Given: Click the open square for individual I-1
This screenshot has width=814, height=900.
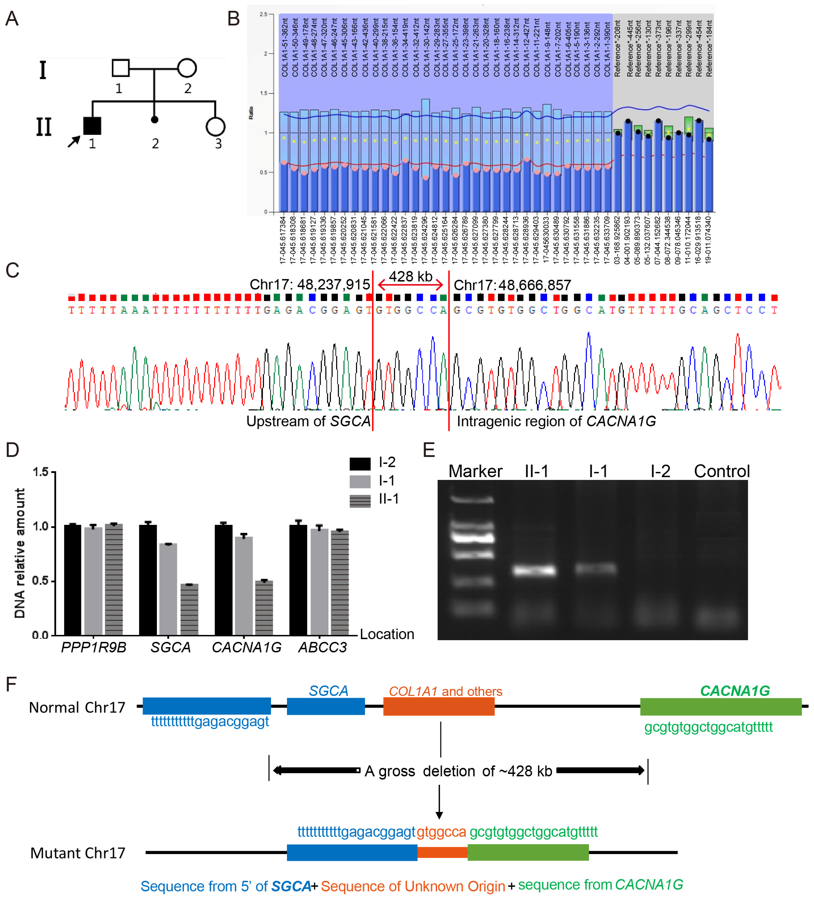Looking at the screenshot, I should pyautogui.click(x=120, y=68).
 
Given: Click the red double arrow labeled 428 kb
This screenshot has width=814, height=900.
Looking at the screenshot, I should pyautogui.click(x=410, y=284).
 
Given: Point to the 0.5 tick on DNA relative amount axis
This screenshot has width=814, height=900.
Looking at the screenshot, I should pyautogui.click(x=53, y=581).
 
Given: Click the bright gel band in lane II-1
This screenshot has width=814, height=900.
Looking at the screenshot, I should pyautogui.click(x=534, y=571).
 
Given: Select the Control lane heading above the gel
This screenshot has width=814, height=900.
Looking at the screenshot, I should pyautogui.click(x=722, y=471).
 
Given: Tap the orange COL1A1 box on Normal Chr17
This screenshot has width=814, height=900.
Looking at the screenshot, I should pyautogui.click(x=439, y=706).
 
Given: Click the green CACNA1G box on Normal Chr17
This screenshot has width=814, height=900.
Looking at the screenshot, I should pyautogui.click(x=720, y=706).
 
